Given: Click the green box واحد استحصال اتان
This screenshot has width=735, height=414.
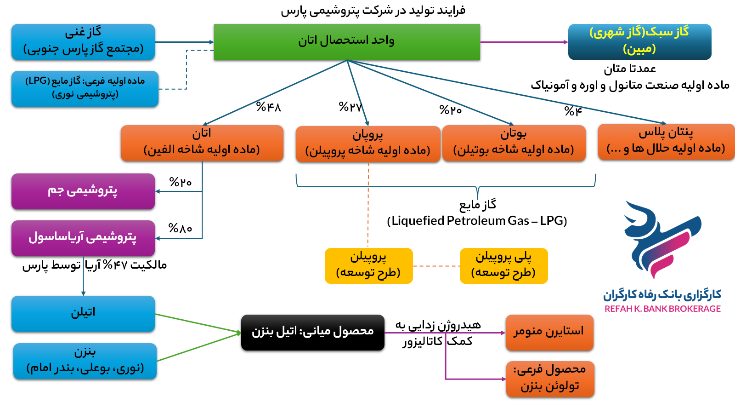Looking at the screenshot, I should tap(347, 41).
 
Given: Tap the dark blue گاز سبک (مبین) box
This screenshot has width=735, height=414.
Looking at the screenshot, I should tap(639, 41).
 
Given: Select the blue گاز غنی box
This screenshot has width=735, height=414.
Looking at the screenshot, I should tap(83, 41).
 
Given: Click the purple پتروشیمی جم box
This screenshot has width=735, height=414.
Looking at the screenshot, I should tap(83, 191).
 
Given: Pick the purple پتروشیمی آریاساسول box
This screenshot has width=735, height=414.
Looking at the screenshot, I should tap(83, 238).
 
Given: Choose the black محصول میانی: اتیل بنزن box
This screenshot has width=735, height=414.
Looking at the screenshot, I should tap(312, 332).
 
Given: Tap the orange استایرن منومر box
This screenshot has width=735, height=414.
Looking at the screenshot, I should tap(549, 332).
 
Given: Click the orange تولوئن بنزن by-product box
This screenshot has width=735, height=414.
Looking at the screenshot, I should tap(550, 379).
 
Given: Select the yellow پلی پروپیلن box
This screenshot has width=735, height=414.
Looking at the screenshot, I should tap(503, 265).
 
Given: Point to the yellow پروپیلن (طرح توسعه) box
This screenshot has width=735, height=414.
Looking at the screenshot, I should tap(368, 265).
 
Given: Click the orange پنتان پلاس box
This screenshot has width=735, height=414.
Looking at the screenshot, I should tap(666, 142).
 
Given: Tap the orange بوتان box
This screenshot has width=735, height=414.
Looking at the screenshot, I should tap(514, 143).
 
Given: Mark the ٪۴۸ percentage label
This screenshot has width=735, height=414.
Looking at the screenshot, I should tap(268, 107).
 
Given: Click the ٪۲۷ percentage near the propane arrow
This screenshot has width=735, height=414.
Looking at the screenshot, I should tap(351, 107).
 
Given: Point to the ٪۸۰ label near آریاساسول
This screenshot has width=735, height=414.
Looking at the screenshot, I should tap(180, 228).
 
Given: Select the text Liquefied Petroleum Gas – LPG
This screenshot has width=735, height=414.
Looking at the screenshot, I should tap(477, 221).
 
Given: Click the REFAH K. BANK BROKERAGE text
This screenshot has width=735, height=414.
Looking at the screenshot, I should tap(662, 309).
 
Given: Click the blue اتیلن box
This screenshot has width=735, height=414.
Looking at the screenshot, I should tap(83, 313).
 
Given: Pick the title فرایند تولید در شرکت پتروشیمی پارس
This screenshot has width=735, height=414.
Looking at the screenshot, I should tap(373, 11).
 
